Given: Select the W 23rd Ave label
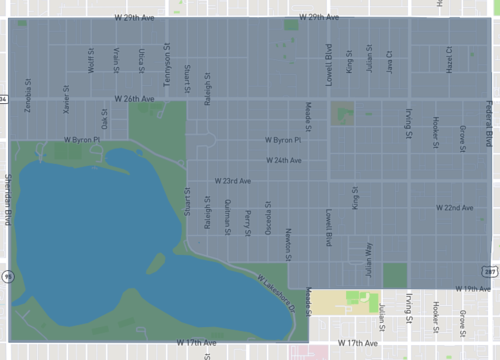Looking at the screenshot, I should pyautogui.click(x=231, y=181).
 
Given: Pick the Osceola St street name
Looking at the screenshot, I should pyautogui.click(x=267, y=216).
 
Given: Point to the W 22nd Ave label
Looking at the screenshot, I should pyautogui.click(x=454, y=207).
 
